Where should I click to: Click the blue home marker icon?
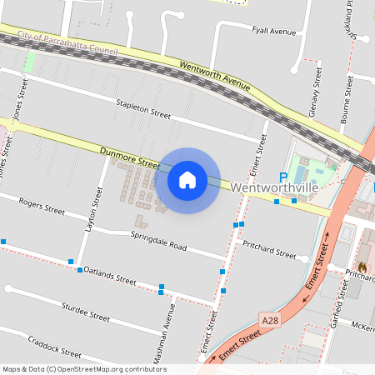tap(187, 180)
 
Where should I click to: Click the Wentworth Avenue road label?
tap(215, 74)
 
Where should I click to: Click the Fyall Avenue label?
tap(273, 32)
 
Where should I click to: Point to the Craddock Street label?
tap(53, 346)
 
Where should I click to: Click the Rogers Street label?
tap(42, 206)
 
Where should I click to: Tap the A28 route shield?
tap(269, 320)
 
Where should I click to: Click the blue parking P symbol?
tap(282, 177)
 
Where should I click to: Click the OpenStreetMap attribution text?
tap(83, 369)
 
